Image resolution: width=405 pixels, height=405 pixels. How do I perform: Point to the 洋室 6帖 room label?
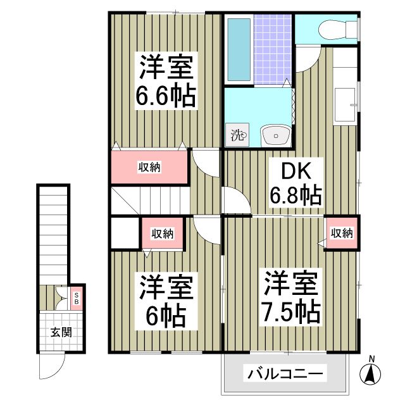click(x=166, y=301)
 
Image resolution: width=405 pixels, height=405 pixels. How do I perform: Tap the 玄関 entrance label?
click(x=61, y=332)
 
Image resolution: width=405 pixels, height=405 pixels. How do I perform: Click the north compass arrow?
click(x=371, y=373)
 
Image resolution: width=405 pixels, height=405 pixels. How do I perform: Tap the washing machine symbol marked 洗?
click(x=238, y=135)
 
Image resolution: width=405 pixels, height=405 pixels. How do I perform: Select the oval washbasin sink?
click(x=275, y=135)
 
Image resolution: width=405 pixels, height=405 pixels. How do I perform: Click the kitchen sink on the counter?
click(x=346, y=105)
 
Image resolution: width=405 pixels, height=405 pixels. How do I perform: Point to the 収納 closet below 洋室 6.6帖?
click(x=150, y=167)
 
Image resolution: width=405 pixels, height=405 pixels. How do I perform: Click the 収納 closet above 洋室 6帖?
click(x=163, y=234)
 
